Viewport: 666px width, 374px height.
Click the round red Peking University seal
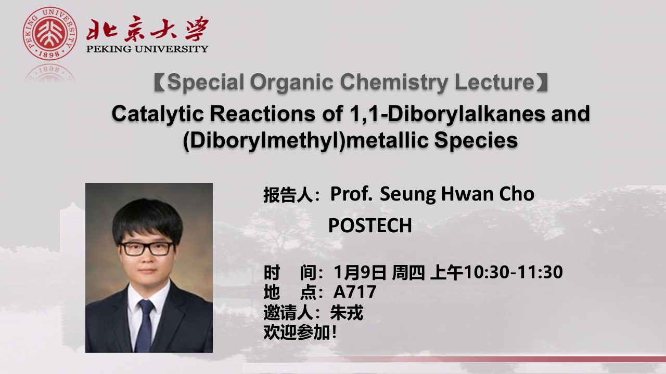pyautogui.click(x=49, y=33)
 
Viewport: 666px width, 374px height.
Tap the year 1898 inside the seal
pyautogui.click(x=49, y=55)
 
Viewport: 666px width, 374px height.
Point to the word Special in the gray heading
pyautogui.click(x=206, y=82)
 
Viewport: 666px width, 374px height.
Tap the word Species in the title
pyautogui.click(x=476, y=141)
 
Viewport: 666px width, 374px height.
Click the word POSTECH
pyautogui.click(x=370, y=225)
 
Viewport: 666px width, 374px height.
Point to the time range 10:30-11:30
pyautogui.click(x=514, y=272)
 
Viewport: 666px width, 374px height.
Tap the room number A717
pyautogui.click(x=355, y=292)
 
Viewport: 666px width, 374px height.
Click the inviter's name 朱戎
pyautogui.click(x=347, y=312)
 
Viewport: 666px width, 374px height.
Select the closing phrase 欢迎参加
pyautogui.click(x=297, y=332)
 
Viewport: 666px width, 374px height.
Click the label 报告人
pyautogui.click(x=288, y=195)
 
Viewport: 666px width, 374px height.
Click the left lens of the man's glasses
pyautogui.click(x=133, y=249)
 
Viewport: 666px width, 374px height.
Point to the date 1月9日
pyautogui.click(x=360, y=272)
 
